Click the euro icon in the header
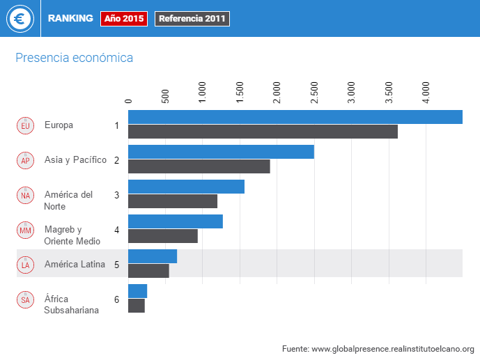pos(20,19)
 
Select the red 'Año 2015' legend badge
pos(124,19)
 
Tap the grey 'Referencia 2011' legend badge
pos(192,19)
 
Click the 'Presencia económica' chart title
pos(74,58)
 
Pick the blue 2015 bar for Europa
pos(295,117)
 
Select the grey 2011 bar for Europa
pos(263,132)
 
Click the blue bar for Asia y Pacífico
pos(221,152)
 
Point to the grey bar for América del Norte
pos(173,201)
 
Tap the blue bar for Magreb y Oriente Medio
pos(176,221)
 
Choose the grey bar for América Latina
pos(148,271)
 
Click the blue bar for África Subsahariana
pos(137,291)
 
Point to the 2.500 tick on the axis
pos(314,93)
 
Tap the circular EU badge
pos(25,125)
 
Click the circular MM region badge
pos(25,230)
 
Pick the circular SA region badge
pos(25,299)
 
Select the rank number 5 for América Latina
pos(117,265)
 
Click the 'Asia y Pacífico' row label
pos(75,159)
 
